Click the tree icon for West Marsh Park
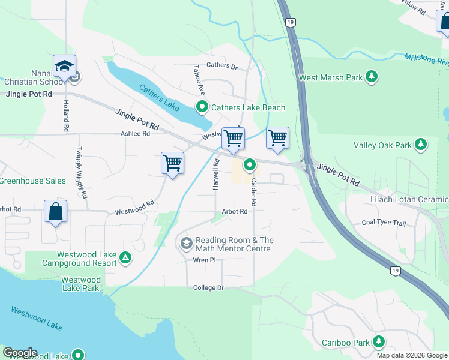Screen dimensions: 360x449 pyautogui.click(x=372, y=77)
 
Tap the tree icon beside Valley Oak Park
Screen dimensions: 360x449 pyautogui.click(x=421, y=145)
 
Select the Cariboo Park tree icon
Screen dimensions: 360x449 pyautogui.click(x=378, y=342)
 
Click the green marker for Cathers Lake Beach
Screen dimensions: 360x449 pyautogui.click(x=202, y=107)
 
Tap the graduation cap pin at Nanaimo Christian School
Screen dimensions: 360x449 pyautogui.click(x=64, y=65)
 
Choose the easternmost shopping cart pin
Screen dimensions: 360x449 pyautogui.click(x=277, y=138)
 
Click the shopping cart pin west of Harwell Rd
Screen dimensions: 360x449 pyautogui.click(x=172, y=163)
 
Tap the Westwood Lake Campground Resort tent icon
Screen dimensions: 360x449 pyautogui.click(x=125, y=259)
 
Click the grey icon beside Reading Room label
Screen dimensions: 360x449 pyautogui.click(x=186, y=244)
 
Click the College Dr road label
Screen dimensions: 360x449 pyautogui.click(x=208, y=288)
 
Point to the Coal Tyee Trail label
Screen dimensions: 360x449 pyautogui.click(x=384, y=223)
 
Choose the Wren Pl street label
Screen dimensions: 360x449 pyautogui.click(x=204, y=260)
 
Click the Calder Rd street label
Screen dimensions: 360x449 pyautogui.click(x=253, y=193)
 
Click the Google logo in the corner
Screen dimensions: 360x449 pyautogui.click(x=20, y=353)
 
